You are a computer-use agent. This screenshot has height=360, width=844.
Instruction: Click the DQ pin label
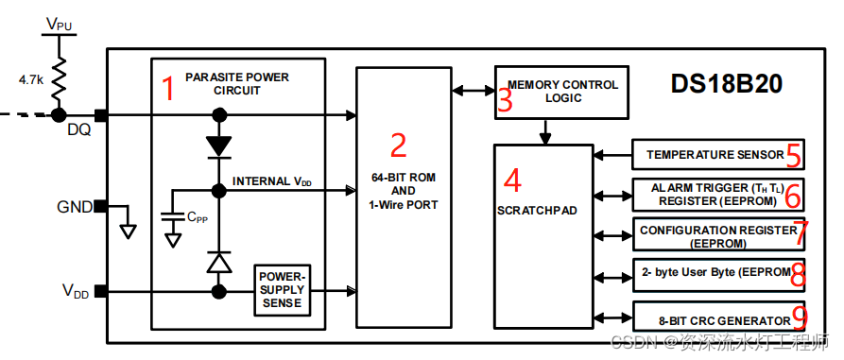pos(78,130)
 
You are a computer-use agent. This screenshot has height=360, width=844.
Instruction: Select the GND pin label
pos(76,206)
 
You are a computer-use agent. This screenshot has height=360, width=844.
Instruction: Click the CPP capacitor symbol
pos(172,218)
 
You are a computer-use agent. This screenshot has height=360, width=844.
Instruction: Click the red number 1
pos(168,90)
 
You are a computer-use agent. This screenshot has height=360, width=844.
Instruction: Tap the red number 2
pos(398,145)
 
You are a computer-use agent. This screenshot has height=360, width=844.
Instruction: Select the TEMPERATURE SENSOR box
pos(716,154)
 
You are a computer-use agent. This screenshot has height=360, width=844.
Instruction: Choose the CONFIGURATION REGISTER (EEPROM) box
pos(716,235)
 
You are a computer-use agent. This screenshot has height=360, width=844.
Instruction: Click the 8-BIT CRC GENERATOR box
pos(716,319)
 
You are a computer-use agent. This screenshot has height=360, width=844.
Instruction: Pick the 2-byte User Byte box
pos(716,273)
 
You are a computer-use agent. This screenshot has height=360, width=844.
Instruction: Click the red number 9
pos(798,317)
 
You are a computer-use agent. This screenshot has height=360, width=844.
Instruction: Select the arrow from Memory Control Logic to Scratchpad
pos(545,131)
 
